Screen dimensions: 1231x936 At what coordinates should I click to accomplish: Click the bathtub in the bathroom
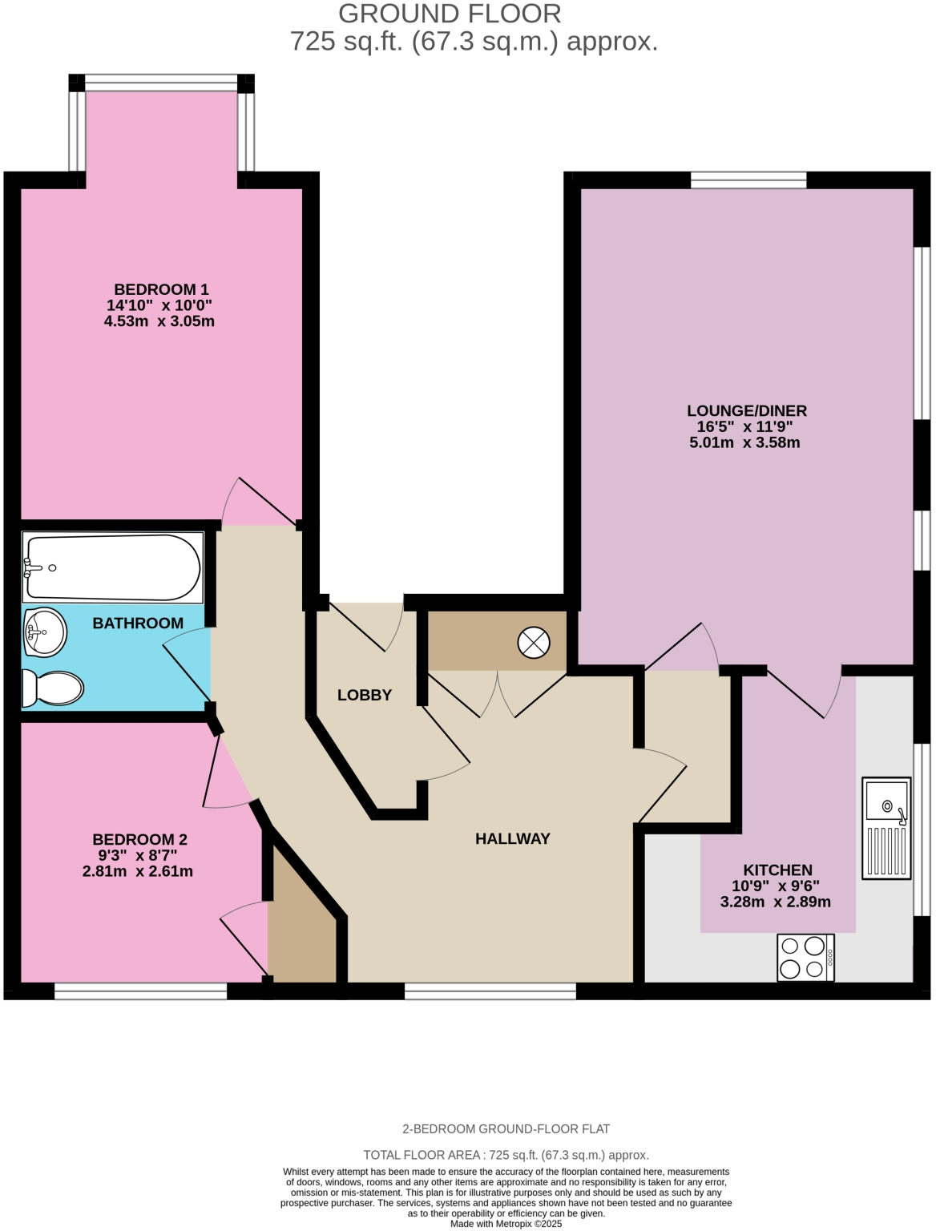pos(112,567)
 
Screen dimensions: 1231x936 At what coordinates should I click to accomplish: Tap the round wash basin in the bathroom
pos(45,632)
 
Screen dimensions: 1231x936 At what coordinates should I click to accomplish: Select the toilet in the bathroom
pos(53,688)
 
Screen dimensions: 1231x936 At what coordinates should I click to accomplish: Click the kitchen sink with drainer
pos(886,828)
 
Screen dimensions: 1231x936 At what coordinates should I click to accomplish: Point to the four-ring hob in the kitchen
pos(805,957)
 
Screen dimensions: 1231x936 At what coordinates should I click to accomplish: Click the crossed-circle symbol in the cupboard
pos(534,642)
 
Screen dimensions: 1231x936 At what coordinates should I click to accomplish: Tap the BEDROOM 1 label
pos(161,289)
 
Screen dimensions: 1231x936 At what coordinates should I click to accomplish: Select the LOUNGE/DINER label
pos(746,410)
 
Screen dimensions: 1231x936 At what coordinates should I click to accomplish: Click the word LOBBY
pos(365,695)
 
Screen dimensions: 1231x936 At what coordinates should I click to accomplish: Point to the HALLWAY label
pos(513,838)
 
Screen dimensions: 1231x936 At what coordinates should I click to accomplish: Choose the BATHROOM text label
pos(138,623)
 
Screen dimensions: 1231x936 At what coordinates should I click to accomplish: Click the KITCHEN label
pos(777,870)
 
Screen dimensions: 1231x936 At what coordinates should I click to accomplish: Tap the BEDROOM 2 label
pos(139,839)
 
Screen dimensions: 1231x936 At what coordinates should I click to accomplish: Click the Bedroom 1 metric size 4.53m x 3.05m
pos(159,321)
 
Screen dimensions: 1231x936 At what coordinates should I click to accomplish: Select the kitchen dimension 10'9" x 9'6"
pos(776,886)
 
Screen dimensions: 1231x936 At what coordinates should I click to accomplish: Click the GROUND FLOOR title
pos(450,14)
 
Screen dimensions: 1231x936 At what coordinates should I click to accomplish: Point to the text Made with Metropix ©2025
pos(506,1224)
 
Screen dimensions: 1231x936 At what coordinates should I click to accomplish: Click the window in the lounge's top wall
pos(748,180)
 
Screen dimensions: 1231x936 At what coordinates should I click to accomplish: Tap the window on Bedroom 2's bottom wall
pos(141,991)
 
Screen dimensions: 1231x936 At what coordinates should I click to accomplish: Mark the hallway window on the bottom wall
pos(490,991)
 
